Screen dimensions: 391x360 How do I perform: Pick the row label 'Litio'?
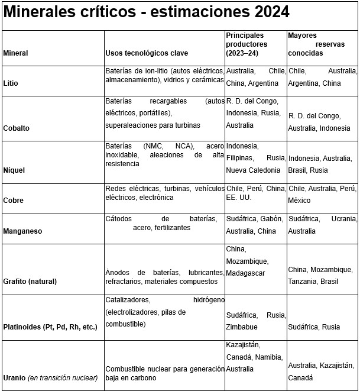11,83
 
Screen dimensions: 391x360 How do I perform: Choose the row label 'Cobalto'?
17,128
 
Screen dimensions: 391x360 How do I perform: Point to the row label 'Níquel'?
15,170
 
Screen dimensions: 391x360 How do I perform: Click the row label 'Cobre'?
14,201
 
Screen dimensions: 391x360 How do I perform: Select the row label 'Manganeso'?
22,231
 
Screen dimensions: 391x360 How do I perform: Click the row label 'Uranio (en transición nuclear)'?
51,377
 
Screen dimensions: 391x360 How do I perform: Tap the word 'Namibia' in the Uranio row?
268,357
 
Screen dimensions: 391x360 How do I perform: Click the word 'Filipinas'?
239,159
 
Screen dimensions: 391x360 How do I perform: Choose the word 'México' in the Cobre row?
300,201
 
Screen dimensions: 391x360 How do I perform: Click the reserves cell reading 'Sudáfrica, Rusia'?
314,327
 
